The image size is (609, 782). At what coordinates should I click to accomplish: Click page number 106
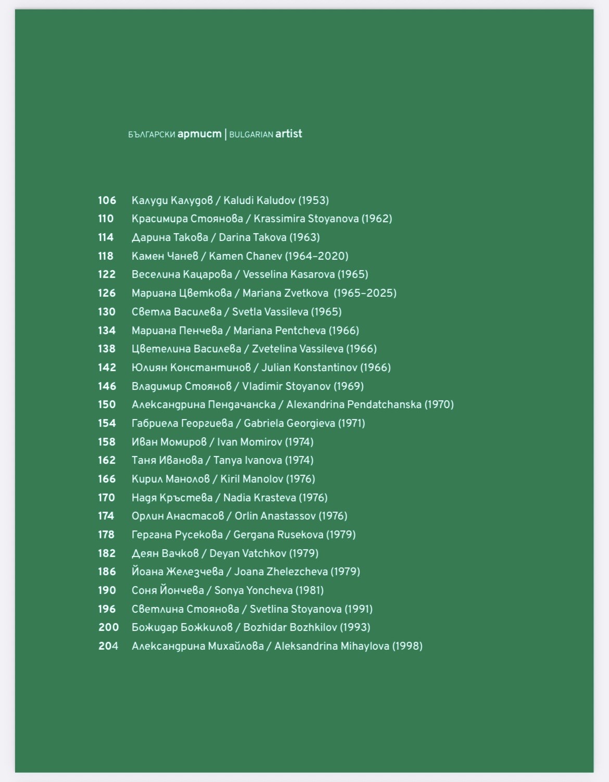tap(107, 200)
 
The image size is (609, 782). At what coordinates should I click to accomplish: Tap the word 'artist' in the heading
tap(289, 134)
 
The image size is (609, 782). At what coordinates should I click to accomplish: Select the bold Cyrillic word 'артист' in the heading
tap(199, 134)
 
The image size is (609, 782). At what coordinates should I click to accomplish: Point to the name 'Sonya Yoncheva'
tap(253, 590)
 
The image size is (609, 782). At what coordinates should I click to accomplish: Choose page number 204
tap(108, 646)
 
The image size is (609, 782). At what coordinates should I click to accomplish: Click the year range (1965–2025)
tap(365, 293)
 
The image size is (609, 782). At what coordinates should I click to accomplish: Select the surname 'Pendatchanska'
tap(384, 405)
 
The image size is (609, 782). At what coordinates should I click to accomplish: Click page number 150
tap(107, 405)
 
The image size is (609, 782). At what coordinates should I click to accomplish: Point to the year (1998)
tap(407, 646)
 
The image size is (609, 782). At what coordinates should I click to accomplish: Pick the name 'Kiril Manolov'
tap(252, 479)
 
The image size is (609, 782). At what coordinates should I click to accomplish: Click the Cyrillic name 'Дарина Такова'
tap(170, 237)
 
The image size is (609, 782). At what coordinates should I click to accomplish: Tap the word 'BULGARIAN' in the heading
tap(251, 134)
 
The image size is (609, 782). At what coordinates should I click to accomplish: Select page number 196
tap(107, 609)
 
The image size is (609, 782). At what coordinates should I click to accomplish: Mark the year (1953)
tap(313, 200)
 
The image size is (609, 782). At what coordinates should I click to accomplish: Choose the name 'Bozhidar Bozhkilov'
tap(290, 627)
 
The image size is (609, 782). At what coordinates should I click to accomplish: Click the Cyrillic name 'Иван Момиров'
tap(169, 442)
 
